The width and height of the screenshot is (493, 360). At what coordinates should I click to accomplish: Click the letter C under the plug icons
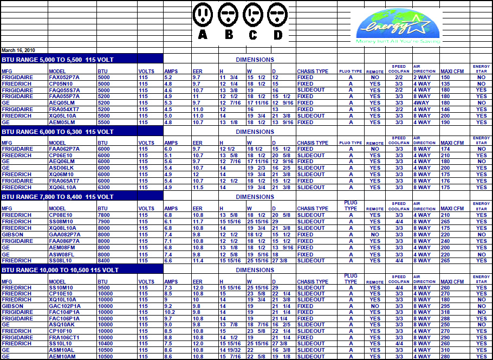tap(252, 35)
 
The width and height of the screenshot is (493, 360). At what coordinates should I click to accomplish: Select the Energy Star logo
tap(393, 25)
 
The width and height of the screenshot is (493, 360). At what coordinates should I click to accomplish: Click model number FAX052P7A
tap(64, 78)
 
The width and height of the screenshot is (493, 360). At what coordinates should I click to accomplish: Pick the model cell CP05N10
tap(61, 84)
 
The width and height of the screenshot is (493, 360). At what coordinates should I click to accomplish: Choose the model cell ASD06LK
tap(62, 168)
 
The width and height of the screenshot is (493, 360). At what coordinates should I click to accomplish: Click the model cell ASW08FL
tap(62, 254)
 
